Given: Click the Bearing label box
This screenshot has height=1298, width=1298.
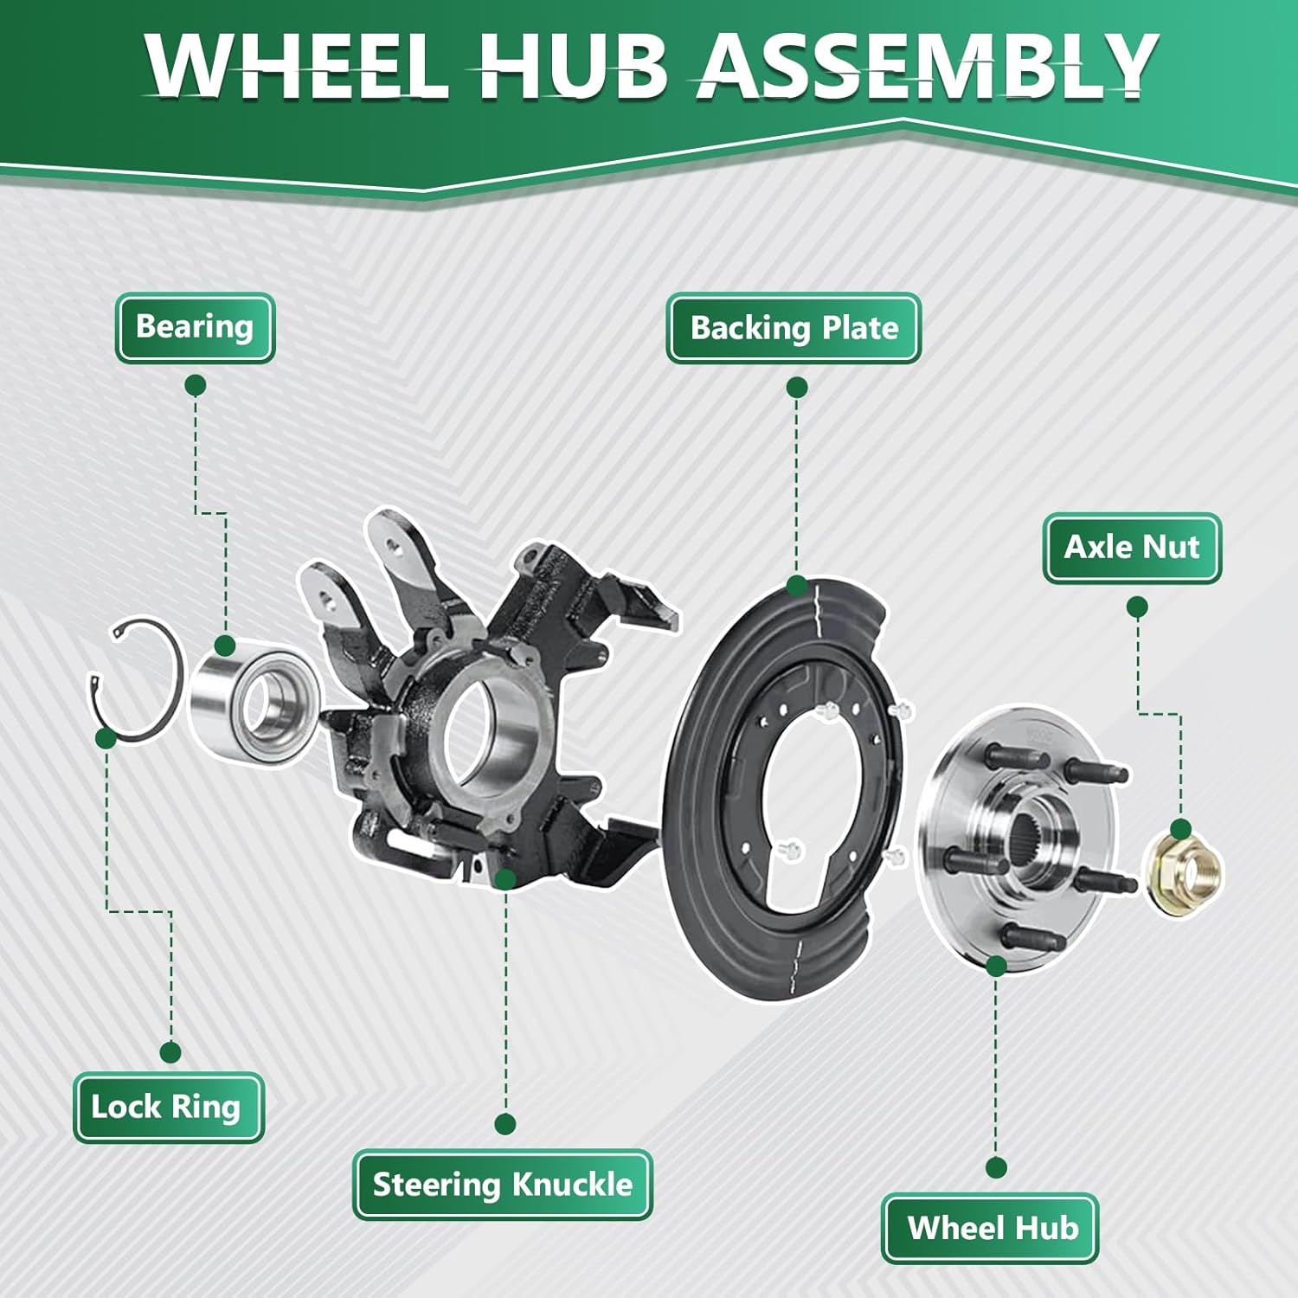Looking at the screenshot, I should pos(195,328).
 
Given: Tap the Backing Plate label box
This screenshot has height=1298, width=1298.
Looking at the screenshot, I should pos(794,329).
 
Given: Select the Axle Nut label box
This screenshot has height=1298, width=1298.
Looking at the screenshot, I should pos(1132,548).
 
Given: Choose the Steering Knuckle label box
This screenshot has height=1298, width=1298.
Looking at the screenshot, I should pos(502,1185).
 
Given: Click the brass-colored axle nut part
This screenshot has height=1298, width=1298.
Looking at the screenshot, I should pos(1184,871).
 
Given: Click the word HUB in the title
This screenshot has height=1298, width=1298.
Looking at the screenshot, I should pos(572,65).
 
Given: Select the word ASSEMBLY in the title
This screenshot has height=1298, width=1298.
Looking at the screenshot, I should pos(926,65).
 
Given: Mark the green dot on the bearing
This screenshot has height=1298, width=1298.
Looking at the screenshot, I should pos(225,646).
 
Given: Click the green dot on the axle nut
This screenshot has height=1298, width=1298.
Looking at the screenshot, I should pos(1182,829).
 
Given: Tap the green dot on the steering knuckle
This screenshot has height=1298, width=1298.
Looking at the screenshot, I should pos(506,880).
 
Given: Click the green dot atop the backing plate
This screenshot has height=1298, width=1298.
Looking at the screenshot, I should pos(797,586).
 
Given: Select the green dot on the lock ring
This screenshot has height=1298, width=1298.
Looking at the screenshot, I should pos(106,738).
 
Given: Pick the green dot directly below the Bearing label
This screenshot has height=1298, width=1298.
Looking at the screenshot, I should pos(196,385).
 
